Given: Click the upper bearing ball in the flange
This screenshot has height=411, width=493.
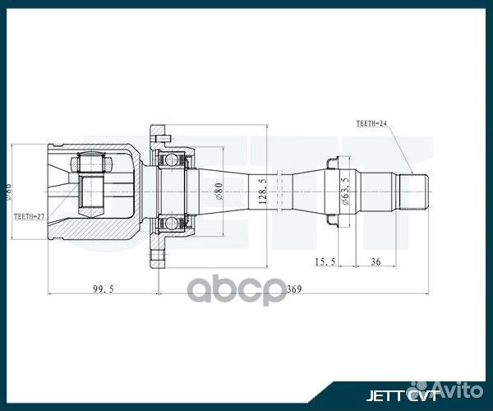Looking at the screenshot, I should (x=173, y=156).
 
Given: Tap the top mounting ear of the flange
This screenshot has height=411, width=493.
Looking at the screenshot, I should (x=158, y=132).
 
